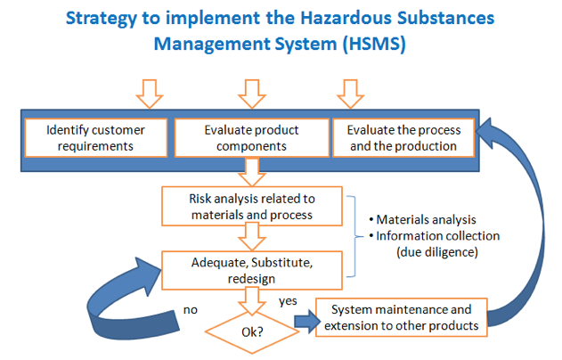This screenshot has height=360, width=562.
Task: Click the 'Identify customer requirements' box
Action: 95,138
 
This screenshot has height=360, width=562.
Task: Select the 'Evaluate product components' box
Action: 252,138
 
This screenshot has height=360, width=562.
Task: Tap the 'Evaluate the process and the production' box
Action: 403,138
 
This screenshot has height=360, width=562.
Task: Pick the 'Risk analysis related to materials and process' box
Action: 252,206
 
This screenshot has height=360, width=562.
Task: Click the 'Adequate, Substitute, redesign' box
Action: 252,270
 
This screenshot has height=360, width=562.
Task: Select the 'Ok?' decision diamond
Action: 252,332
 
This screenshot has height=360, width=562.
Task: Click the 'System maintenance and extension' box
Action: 402,317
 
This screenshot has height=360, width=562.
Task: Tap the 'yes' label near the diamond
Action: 288,301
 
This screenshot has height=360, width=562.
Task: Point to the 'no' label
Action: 191,310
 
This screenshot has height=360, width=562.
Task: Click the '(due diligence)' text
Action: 437,252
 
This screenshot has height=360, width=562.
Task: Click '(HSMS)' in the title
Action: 374,44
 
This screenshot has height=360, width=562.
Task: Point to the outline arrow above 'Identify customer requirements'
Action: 150,94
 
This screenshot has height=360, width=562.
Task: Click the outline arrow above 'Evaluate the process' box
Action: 351,94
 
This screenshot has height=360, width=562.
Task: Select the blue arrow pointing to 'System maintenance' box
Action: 307,322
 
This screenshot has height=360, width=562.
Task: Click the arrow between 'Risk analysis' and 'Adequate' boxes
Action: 252,236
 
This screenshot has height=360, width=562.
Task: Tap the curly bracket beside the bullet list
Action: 354,237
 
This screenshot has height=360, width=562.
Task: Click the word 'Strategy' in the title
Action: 101,19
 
